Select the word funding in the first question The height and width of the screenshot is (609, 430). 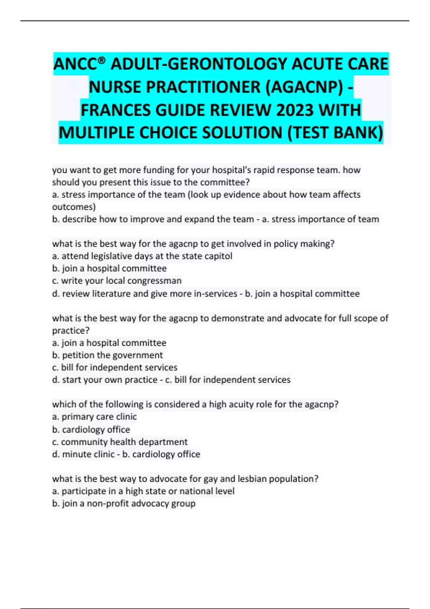(156, 170)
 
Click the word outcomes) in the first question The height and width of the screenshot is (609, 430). (74, 207)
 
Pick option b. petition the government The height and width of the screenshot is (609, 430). (107, 355)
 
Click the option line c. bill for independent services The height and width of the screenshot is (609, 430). (115, 368)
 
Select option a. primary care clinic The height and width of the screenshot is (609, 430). (94, 417)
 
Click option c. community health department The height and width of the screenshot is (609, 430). (120, 442)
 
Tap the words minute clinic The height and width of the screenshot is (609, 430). (88, 454)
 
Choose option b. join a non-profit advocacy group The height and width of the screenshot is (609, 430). (124, 504)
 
